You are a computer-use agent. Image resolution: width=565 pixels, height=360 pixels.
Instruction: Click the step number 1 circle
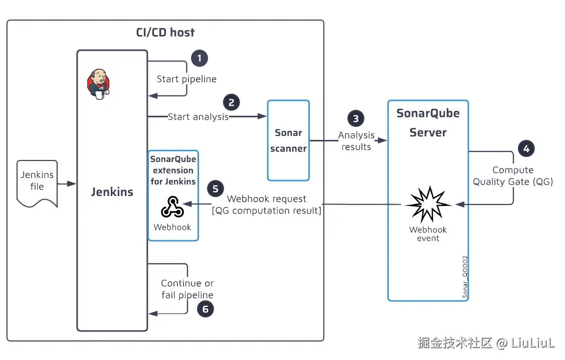[200, 58]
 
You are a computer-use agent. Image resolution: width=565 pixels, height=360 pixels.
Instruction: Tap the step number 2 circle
[231, 102]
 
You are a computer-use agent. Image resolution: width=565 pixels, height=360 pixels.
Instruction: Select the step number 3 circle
[356, 119]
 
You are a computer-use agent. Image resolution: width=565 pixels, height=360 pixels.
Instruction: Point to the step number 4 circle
[526, 148]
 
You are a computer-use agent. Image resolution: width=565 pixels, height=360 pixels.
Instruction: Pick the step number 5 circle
[216, 189]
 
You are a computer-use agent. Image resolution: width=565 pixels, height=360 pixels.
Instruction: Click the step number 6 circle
[205, 309]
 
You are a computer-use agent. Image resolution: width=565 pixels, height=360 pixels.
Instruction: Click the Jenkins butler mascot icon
[98, 84]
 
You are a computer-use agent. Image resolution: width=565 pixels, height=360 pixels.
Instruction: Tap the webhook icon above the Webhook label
[172, 207]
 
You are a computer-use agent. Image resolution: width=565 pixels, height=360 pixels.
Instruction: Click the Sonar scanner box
[288, 140]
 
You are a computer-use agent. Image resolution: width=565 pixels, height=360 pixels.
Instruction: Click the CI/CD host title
[165, 33]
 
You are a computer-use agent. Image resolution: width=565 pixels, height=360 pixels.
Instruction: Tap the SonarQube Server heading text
[428, 123]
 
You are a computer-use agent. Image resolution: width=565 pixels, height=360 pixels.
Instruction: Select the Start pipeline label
[186, 79]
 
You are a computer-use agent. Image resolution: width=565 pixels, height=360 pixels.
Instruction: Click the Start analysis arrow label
[198, 117]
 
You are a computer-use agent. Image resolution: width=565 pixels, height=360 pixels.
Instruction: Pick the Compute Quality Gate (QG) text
[513, 176]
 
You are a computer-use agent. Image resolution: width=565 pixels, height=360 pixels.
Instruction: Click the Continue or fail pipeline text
[187, 289]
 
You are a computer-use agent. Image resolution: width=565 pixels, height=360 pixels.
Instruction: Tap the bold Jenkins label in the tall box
[112, 192]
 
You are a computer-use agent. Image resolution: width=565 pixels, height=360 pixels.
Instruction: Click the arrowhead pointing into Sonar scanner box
[262, 116]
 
